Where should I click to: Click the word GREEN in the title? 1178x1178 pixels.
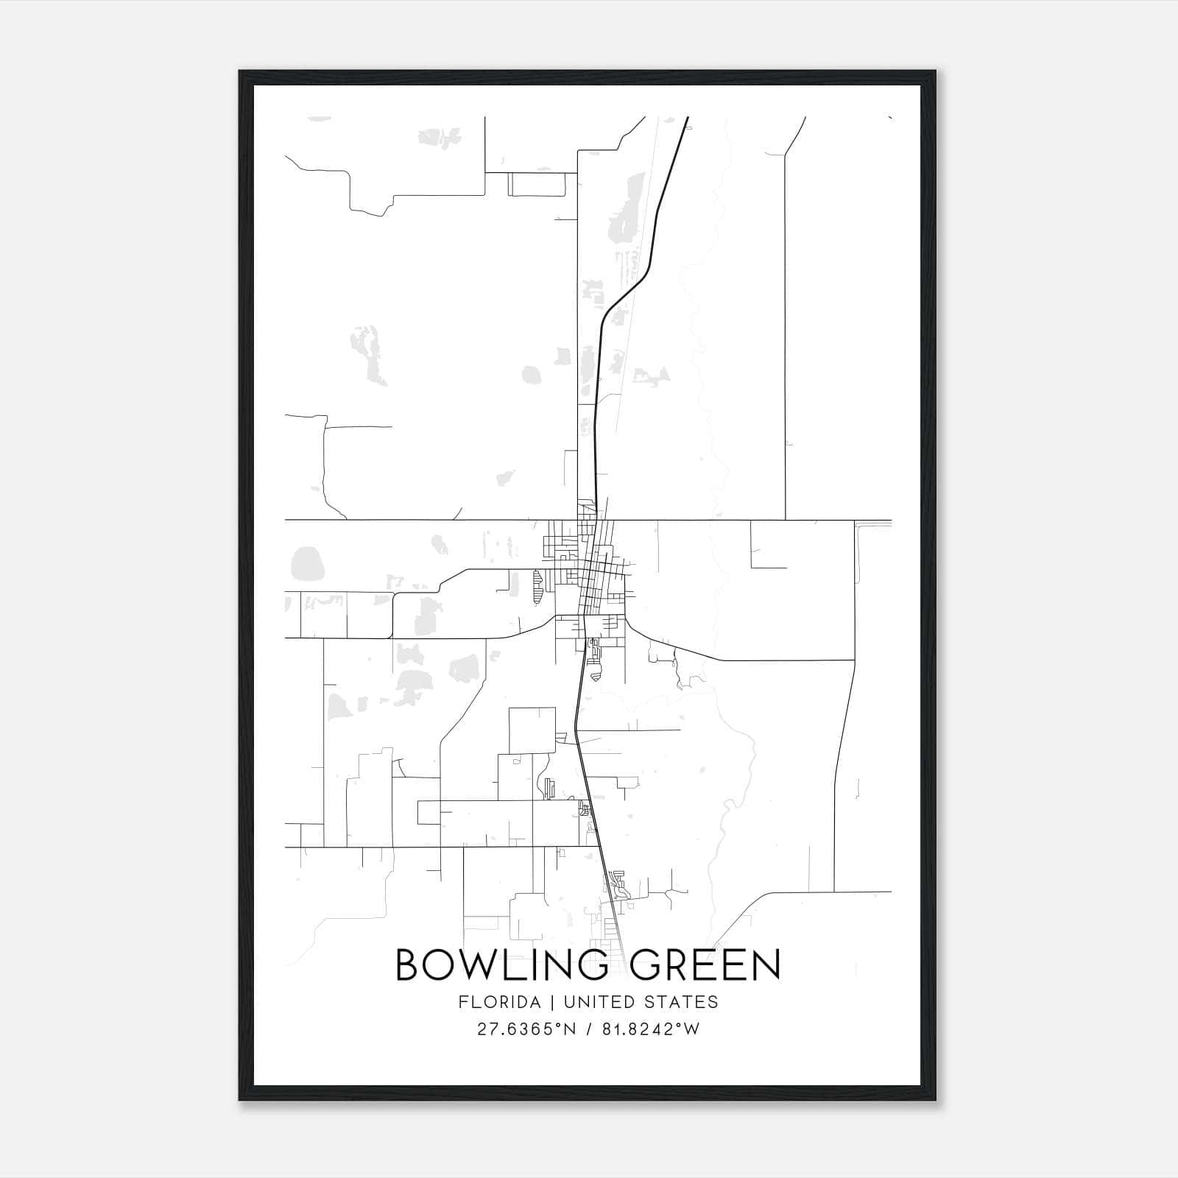(705, 965)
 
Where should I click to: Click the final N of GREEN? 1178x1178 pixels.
(766, 965)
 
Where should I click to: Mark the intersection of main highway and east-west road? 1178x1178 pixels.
(596, 520)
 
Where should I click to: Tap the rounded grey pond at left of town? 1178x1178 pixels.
(308, 564)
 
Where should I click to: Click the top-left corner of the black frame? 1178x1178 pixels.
(241, 72)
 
